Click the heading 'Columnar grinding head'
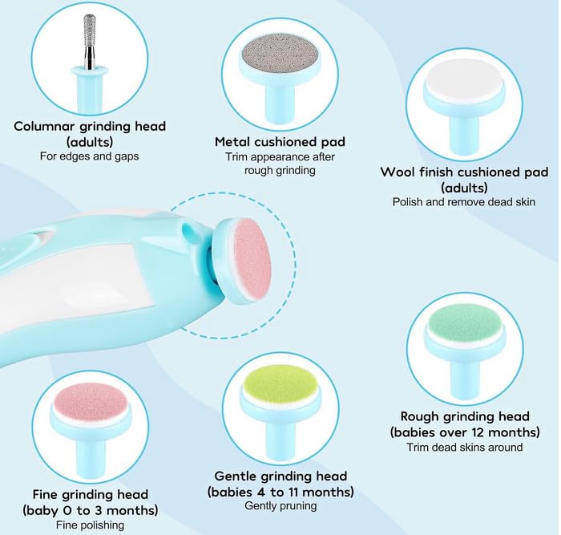tap(90, 126)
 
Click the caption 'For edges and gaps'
tap(90, 156)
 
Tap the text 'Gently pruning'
tap(280, 506)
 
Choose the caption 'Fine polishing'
tap(91, 525)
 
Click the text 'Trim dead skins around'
tap(465, 447)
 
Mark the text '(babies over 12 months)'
tap(465, 432)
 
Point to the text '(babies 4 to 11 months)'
tap(280, 491)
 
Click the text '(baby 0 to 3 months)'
tap(91, 510)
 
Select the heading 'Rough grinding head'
tap(465, 416)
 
